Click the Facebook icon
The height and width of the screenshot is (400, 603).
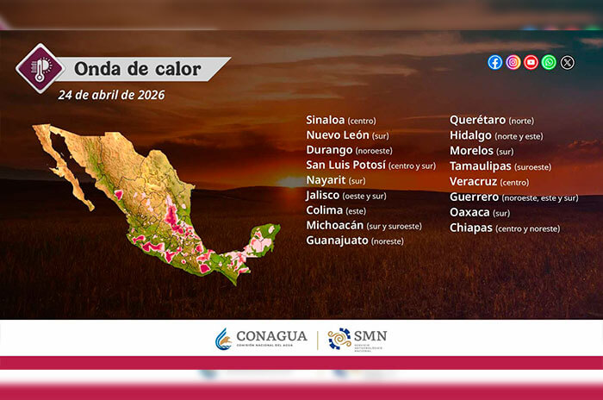(495, 62)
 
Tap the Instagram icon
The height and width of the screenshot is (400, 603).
(513, 62)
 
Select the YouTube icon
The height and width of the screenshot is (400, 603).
(531, 62)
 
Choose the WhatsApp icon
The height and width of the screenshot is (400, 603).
(549, 62)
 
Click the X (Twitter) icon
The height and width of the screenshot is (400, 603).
(567, 62)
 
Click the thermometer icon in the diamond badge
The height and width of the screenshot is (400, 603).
(40, 67)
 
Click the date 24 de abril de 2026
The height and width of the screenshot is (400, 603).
(111, 95)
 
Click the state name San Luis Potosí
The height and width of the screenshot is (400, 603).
(345, 165)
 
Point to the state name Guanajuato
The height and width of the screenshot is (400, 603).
(337, 241)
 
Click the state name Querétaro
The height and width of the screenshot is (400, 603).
(477, 120)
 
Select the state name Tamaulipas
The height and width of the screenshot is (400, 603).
(481, 166)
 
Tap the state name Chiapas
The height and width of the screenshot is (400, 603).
(470, 228)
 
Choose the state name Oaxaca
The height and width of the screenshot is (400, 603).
(469, 212)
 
